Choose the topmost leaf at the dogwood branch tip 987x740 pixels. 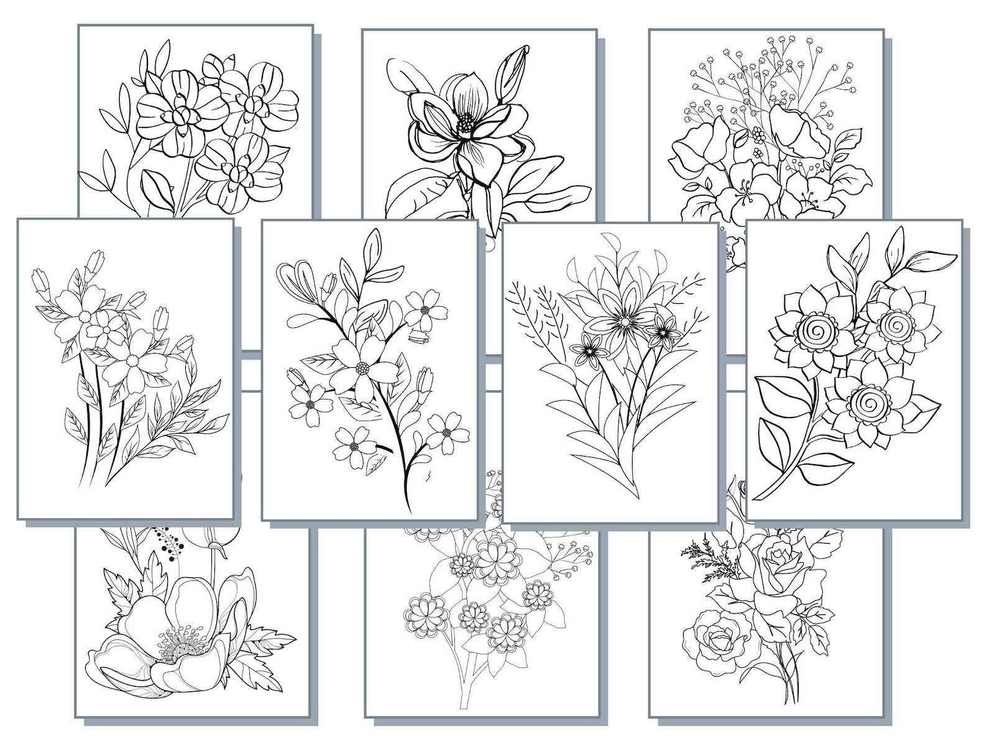click(x=373, y=244)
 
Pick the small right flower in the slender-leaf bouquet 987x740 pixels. click(x=664, y=334)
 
